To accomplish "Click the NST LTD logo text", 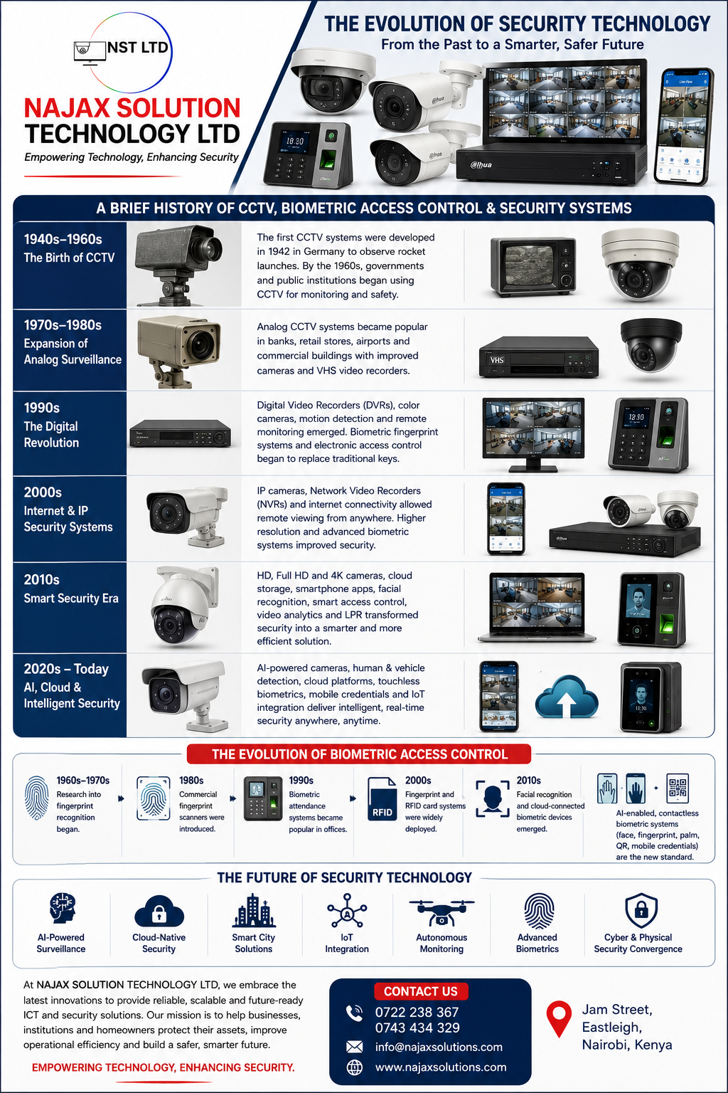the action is point(137,48).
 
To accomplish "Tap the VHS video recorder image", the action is point(539,357).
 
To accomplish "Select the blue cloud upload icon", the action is point(567,697).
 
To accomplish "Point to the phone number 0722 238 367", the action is point(417,1012).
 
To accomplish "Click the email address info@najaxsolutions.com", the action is point(439,1047).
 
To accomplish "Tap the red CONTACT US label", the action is point(421,991).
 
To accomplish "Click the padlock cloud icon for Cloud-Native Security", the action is point(159,911).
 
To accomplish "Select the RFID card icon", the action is point(382,799).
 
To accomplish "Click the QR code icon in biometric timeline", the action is point(678,788).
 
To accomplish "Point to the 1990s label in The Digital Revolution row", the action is point(42,408).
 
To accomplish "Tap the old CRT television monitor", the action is point(533,266).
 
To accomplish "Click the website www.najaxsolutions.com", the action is point(441,1067).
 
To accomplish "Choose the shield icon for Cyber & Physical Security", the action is point(641,911).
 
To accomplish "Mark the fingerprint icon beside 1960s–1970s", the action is point(36,797).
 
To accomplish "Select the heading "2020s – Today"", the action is point(66,669).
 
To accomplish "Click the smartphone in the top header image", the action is point(684,127).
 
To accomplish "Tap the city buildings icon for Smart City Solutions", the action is point(254,911).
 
